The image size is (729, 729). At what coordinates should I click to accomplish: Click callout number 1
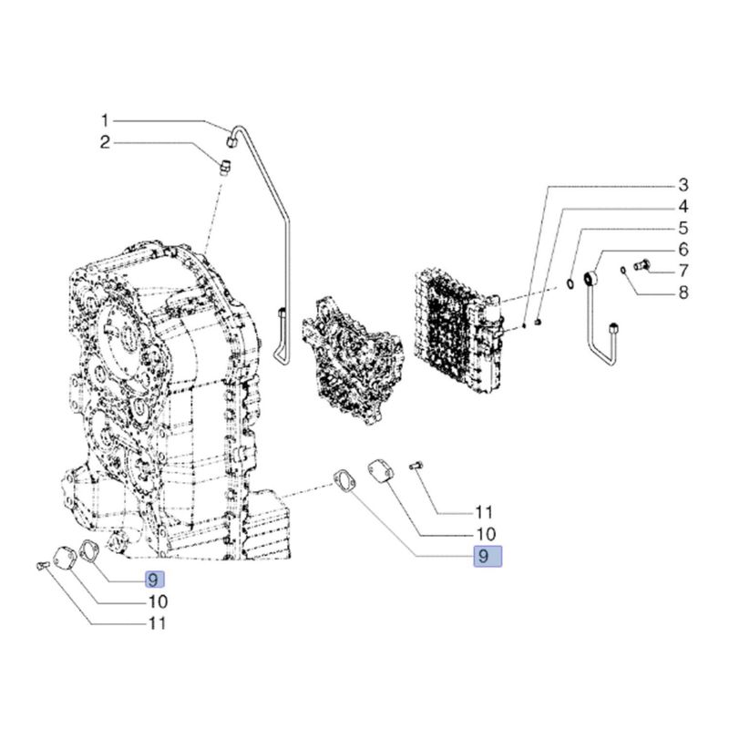(x=105, y=121)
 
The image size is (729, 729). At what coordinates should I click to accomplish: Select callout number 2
(x=105, y=142)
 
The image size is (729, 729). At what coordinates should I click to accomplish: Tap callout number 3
(x=683, y=185)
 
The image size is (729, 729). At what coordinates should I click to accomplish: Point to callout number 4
(x=683, y=207)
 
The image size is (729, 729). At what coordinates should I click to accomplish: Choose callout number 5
(x=683, y=229)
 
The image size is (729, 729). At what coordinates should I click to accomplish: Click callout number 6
(x=683, y=250)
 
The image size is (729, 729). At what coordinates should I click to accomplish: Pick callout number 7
(x=683, y=271)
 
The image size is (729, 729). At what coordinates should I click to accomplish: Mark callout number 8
(x=683, y=293)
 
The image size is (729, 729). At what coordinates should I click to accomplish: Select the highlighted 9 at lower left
(x=154, y=580)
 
